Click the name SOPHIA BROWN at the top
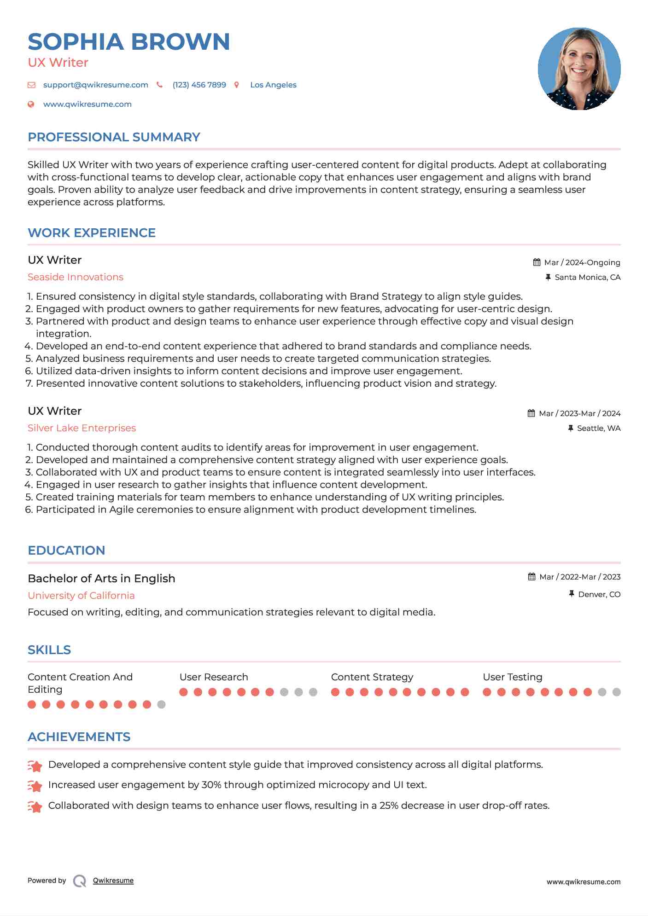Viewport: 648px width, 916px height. tap(129, 42)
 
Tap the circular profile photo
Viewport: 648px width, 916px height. tap(579, 69)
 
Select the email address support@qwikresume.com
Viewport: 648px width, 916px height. tap(95, 85)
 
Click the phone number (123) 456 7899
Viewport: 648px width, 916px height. tap(199, 85)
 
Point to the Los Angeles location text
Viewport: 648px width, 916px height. tap(273, 85)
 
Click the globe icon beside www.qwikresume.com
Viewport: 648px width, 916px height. tap(31, 104)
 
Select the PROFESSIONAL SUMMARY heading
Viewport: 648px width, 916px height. tap(114, 137)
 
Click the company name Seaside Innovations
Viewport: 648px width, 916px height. tap(76, 277)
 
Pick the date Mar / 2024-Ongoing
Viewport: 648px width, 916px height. tap(582, 262)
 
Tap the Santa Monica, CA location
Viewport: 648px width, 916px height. tap(587, 277)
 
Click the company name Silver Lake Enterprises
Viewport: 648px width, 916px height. tap(82, 428)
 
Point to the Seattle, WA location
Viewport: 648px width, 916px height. tap(598, 428)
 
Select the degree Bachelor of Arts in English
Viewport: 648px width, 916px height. tap(101, 579)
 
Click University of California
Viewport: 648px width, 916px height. tap(81, 596)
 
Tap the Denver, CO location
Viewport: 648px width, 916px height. tap(599, 594)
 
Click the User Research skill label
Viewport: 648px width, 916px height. tap(214, 677)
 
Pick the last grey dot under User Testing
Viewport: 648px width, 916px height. tap(617, 692)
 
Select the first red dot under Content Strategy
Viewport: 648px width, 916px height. tap(335, 692)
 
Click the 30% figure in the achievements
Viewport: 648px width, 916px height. tap(210, 785)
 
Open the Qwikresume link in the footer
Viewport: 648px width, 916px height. tap(113, 881)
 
